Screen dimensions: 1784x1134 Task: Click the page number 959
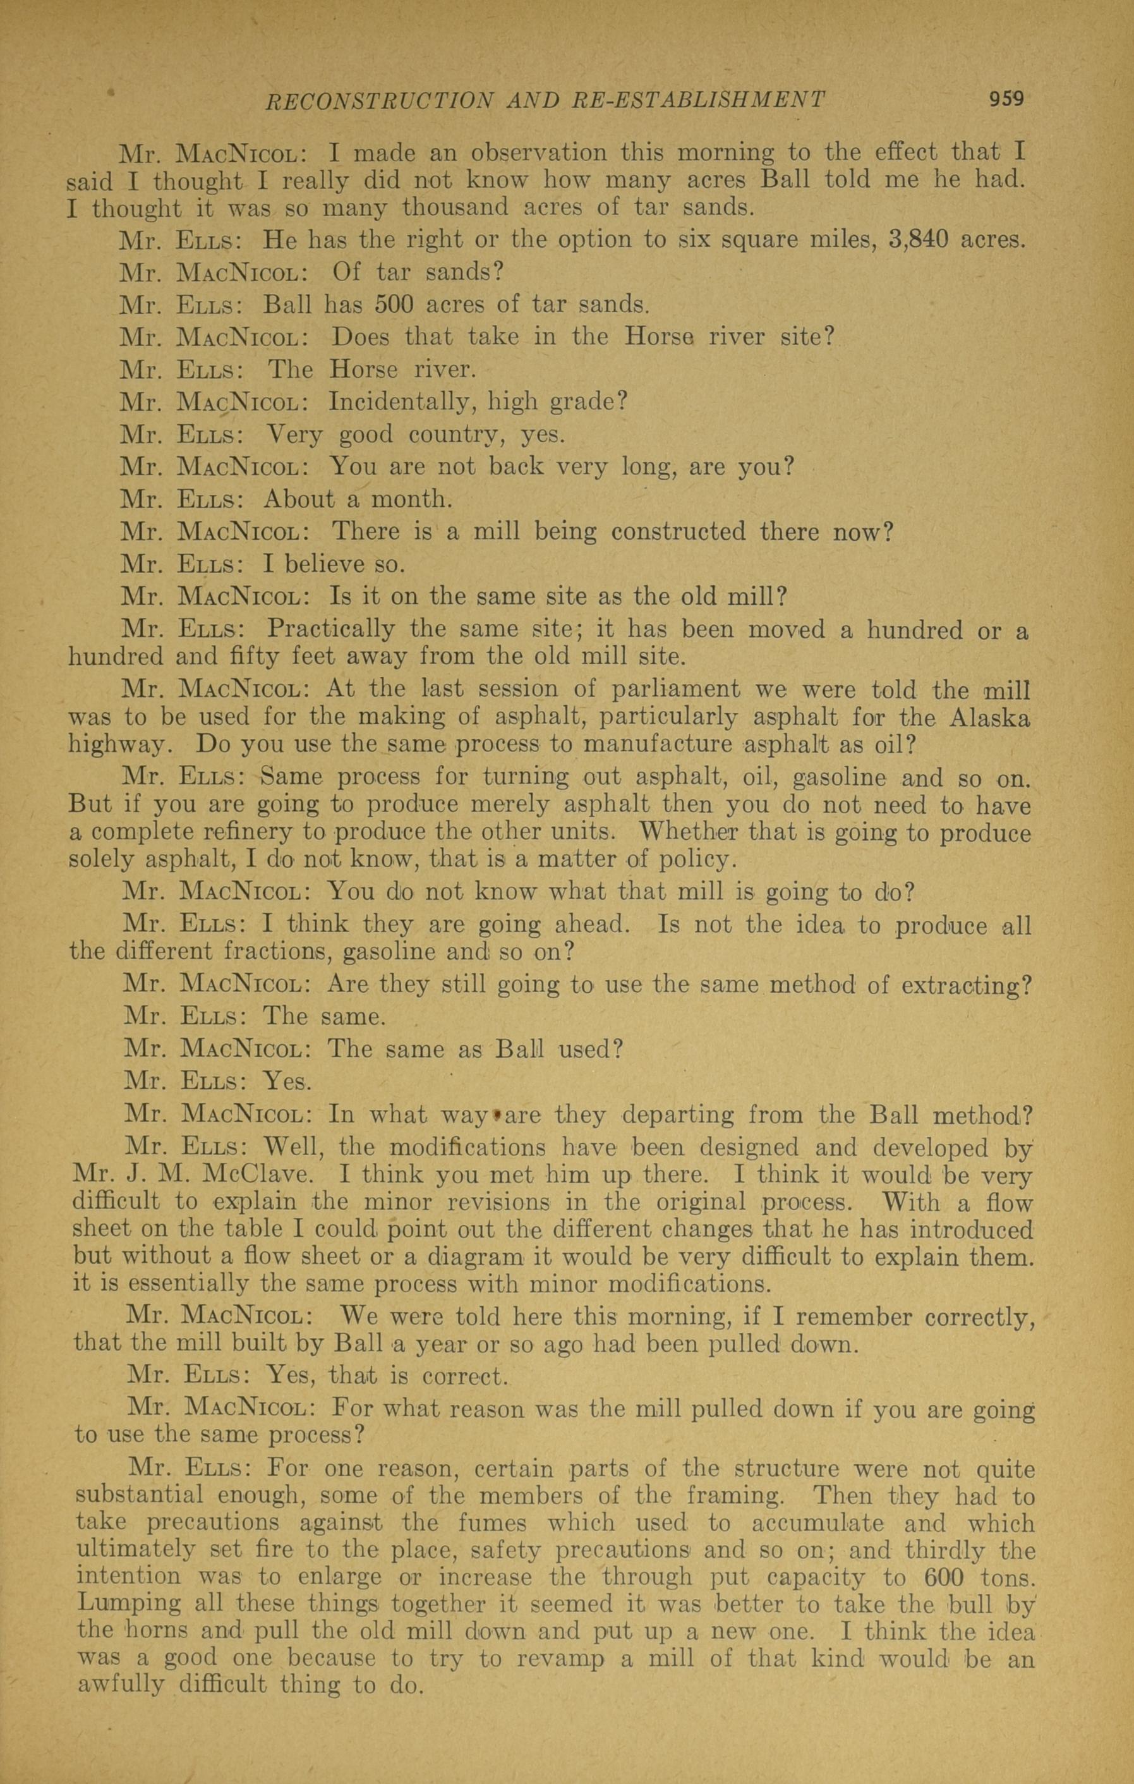coord(1006,99)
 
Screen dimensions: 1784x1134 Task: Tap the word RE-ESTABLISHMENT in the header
coord(699,100)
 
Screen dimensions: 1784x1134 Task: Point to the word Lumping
coord(128,1604)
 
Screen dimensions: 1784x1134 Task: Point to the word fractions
coord(270,950)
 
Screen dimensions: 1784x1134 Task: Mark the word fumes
coord(493,1523)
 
